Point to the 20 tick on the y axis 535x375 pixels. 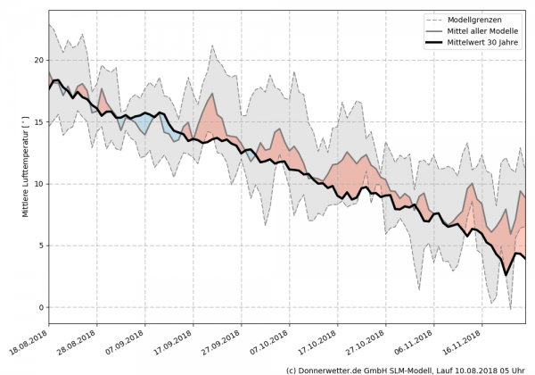point(38,60)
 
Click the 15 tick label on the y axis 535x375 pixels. point(38,121)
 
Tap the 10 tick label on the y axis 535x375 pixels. point(38,184)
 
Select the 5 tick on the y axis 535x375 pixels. point(41,246)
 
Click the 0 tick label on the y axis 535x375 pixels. point(41,307)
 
